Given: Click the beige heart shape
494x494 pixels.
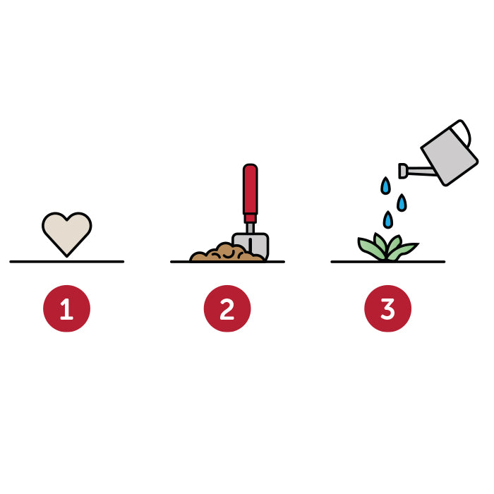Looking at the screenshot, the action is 67,233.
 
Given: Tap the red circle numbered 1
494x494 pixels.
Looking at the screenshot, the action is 66,308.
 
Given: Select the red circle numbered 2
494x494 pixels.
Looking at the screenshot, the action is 227,308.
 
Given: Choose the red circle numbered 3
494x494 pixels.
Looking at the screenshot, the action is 388,308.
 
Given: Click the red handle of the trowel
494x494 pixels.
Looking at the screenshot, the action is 250,189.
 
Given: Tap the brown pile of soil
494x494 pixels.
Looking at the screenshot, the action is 225,253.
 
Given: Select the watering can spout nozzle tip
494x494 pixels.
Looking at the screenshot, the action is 402,171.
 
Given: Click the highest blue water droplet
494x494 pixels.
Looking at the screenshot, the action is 385,186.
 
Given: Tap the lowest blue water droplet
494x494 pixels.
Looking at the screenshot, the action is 388,219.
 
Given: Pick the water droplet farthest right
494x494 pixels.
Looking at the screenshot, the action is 402,203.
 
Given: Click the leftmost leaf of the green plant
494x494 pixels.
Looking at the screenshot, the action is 370,247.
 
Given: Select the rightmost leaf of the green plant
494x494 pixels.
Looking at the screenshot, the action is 405,250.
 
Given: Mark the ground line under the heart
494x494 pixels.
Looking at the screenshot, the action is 67,262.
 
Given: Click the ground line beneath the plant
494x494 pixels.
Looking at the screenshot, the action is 388,262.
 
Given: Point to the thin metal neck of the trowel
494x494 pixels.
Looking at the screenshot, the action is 250,229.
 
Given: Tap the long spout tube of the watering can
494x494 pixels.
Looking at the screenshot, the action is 421,171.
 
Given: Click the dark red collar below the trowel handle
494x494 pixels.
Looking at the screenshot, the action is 250,218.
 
